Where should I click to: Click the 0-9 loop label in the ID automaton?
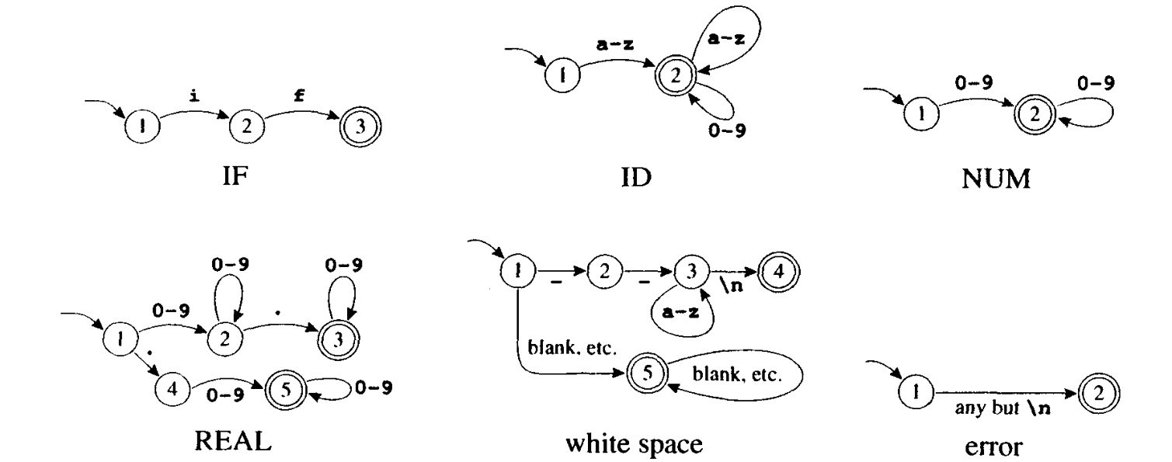pos(728,131)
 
